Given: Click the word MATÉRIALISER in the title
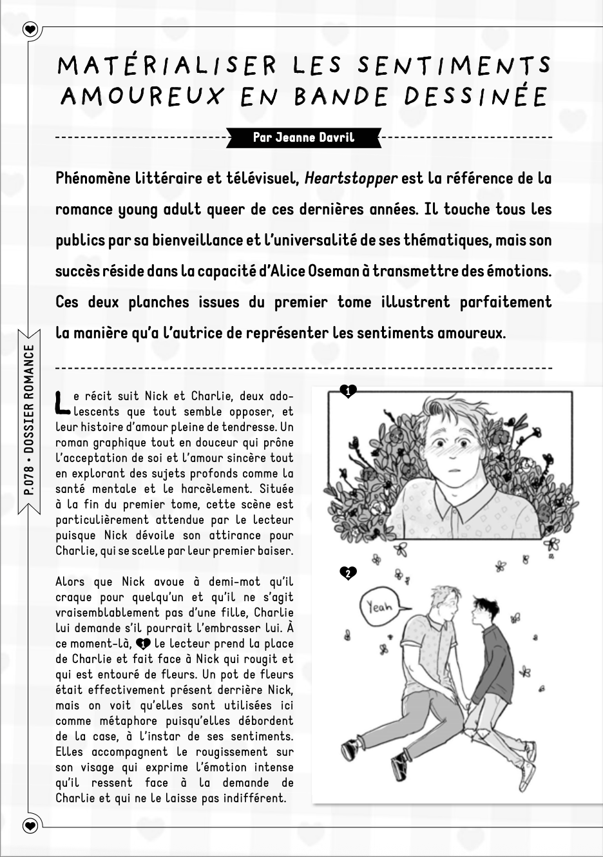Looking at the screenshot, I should point(167,66).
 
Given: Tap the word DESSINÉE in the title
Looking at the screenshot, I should point(476,97).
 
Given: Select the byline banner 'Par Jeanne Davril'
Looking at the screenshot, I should point(303,137).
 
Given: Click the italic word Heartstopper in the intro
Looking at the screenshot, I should point(350,178).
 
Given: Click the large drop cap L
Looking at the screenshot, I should point(62,402).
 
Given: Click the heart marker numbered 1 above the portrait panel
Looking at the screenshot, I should point(348,390).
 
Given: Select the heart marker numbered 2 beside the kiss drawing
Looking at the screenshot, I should point(348,573).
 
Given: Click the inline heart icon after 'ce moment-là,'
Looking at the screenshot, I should point(143,644).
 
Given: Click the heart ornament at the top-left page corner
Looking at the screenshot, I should point(30,30).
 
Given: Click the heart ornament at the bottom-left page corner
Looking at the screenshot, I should point(30,825).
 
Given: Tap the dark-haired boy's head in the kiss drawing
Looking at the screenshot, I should point(483,609).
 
